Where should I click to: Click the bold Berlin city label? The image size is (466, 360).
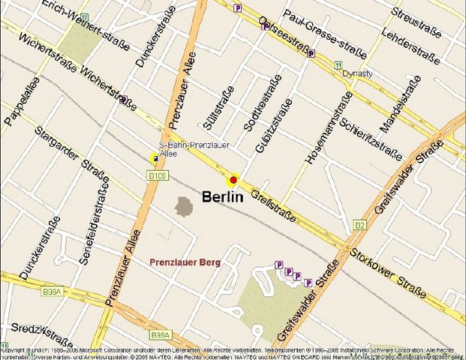pos(223,197)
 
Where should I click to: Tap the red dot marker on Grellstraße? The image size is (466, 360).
pos(233,180)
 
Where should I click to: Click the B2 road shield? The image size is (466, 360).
pos(360,224)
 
